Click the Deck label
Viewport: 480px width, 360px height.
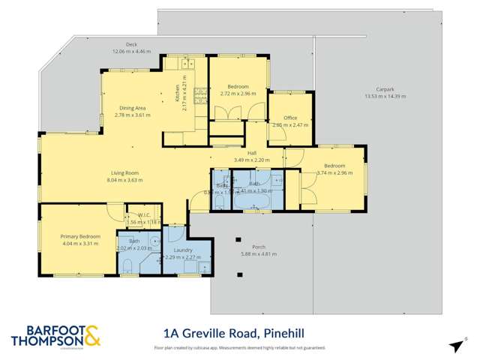tap(131, 45)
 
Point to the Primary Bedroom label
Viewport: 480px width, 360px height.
tap(79, 235)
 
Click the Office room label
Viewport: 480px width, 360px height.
tap(290, 118)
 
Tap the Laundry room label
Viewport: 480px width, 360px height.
tap(183, 250)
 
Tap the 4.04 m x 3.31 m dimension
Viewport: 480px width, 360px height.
tap(79, 243)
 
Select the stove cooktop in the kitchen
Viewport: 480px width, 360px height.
tap(200, 94)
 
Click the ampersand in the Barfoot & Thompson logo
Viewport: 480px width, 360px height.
tap(92, 337)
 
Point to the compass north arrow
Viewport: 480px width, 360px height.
tap(455, 345)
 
